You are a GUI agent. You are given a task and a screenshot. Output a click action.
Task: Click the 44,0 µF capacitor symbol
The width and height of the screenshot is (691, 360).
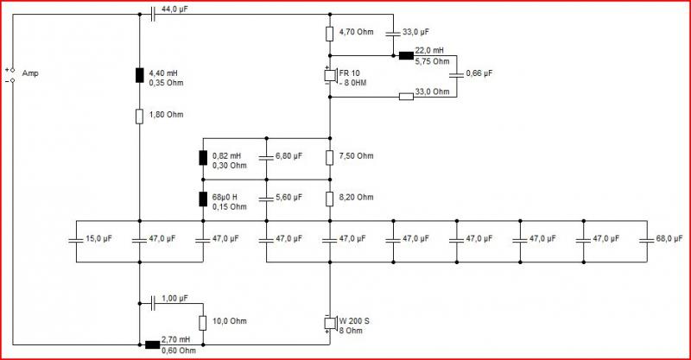[153, 14]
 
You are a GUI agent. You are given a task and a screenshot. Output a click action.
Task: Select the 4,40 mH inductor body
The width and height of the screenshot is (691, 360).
[139, 76]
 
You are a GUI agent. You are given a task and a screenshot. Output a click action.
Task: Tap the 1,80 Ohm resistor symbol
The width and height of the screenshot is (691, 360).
[139, 117]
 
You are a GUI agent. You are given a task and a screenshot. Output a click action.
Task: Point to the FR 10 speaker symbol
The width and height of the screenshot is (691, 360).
[330, 75]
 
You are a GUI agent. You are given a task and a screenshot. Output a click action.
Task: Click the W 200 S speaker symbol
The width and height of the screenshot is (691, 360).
[330, 323]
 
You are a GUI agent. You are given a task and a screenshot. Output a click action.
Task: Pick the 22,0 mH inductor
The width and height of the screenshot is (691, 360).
[406, 55]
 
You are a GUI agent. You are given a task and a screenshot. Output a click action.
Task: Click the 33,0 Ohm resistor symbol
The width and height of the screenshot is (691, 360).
[406, 97]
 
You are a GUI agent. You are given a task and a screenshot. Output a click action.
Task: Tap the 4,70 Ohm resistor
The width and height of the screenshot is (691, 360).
[330, 34]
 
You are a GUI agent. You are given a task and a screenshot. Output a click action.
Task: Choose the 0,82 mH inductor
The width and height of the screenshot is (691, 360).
[203, 158]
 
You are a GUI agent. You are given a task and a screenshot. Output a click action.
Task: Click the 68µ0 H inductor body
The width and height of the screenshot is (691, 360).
[203, 199]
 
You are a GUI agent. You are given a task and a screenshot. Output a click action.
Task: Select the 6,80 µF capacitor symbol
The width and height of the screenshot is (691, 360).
[266, 158]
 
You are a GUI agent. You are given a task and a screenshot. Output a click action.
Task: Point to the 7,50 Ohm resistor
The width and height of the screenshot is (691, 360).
[330, 158]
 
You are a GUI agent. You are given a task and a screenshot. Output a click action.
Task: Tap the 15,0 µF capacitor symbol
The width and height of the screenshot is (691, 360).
[76, 241]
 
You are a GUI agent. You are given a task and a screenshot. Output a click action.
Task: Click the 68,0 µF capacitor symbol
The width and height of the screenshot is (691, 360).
[647, 241]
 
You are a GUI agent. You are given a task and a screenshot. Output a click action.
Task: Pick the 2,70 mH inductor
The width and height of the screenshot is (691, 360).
[153, 344]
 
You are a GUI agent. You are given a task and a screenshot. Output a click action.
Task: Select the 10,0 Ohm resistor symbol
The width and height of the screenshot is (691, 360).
[203, 323]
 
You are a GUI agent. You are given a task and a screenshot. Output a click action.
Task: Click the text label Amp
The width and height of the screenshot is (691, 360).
[30, 73]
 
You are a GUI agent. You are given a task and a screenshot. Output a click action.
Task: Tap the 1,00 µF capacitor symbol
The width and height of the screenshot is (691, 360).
[153, 303]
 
